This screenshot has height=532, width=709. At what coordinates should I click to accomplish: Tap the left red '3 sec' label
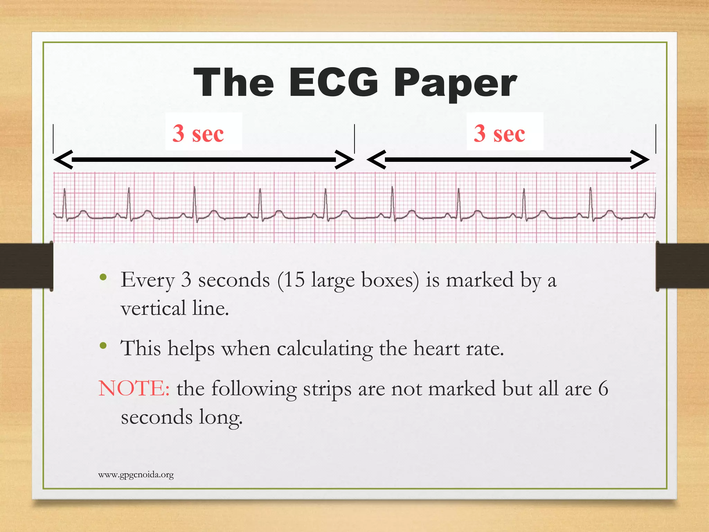[198, 133]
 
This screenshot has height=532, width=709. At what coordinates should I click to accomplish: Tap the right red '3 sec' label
[500, 133]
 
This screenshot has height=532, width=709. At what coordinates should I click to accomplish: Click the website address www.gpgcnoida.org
[136, 475]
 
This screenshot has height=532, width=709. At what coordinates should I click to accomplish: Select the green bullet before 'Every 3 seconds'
[103, 277]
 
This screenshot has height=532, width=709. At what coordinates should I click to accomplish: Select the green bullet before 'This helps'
[103, 345]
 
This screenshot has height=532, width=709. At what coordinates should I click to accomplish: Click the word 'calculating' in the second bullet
[324, 349]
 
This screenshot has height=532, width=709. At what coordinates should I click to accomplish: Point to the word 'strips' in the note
[327, 389]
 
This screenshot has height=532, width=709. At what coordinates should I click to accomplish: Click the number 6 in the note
[603, 388]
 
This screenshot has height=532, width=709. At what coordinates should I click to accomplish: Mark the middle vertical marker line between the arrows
[354, 139]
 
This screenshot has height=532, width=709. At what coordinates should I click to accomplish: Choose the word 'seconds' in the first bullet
[234, 280]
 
